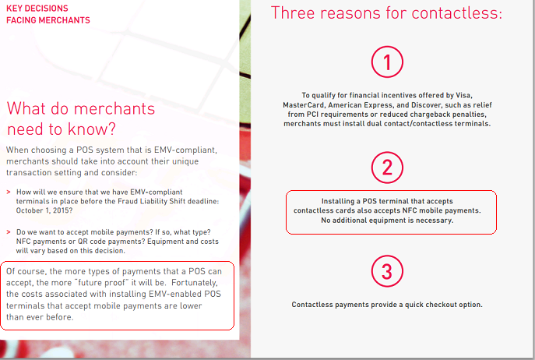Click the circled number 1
[x=387, y=62]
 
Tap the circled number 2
[x=387, y=168]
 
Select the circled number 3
[x=387, y=271]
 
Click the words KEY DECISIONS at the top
[x=37, y=9]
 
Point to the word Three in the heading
[x=293, y=13]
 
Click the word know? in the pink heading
[x=92, y=129]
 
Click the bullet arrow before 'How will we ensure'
[x=9, y=192]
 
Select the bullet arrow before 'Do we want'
[x=9, y=232]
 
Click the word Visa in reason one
[x=463, y=95]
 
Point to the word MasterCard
[x=303, y=105]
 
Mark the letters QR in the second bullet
[x=83, y=242]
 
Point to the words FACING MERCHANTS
[x=48, y=20]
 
